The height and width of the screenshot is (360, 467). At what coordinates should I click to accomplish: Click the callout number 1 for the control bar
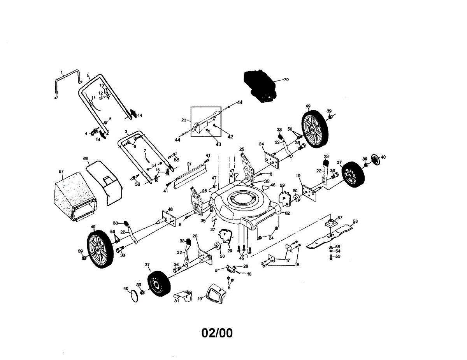[x=61, y=72]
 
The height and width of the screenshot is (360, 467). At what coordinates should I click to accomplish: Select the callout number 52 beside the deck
[x=288, y=213]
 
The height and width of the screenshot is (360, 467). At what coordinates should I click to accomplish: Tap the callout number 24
[x=271, y=238]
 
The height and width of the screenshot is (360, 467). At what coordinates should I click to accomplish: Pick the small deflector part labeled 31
[x=184, y=296]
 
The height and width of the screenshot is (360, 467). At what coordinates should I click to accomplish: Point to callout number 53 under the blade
[x=338, y=256]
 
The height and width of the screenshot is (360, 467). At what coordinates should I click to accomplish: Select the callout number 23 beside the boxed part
[x=184, y=120]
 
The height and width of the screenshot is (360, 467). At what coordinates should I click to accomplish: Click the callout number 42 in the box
[x=230, y=137]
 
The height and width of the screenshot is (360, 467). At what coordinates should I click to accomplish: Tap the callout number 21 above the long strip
[x=190, y=164]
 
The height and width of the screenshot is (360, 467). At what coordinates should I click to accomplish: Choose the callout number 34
[x=262, y=144]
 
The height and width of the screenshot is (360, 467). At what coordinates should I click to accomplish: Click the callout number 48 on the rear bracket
[x=170, y=209]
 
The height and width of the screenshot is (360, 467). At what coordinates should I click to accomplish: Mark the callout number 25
[x=242, y=149]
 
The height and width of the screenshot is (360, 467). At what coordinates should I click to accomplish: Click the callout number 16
[x=249, y=274]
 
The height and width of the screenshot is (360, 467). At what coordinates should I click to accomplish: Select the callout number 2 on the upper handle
[x=88, y=75]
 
